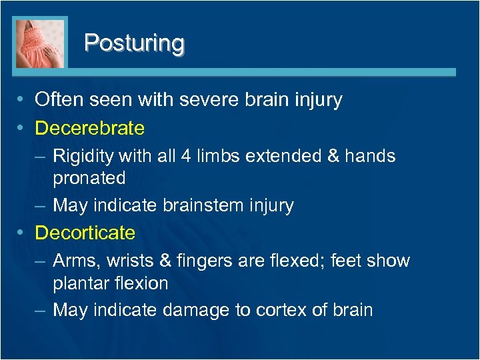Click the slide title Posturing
pos(134,43)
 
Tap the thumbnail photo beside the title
pos(41,43)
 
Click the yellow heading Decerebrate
pos(89,127)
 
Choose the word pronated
pos(89,178)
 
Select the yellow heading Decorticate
pos(85,233)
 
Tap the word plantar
pos(78,283)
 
